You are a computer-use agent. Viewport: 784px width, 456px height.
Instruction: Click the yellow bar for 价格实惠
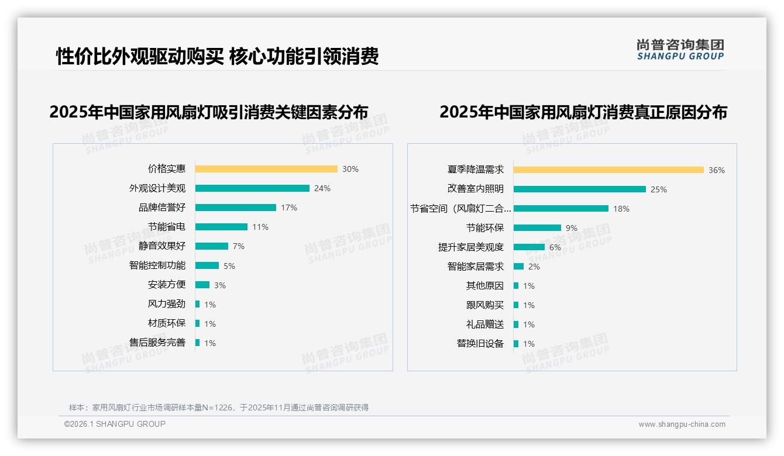[266, 169]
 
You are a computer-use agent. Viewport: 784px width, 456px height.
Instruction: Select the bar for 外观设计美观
[252, 188]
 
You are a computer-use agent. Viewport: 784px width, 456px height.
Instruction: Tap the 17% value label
[289, 208]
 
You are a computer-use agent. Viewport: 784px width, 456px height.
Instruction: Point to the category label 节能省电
[167, 227]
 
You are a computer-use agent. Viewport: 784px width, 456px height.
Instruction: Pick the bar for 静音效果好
[212, 246]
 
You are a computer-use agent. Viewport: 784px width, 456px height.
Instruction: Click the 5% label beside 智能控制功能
[229, 266]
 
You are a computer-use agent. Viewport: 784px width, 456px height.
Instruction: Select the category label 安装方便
[167, 285]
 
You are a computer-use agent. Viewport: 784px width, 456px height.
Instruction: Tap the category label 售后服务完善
[157, 343]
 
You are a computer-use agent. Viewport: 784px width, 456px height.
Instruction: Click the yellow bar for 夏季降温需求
[608, 170]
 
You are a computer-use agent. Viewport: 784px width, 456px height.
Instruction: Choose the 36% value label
[717, 171]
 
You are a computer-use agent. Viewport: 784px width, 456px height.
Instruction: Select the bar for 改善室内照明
[580, 189]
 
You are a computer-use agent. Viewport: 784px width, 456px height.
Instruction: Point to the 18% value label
[621, 209]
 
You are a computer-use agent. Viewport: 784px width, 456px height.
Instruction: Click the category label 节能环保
[485, 228]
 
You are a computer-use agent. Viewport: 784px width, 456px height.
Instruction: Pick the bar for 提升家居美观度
[529, 247]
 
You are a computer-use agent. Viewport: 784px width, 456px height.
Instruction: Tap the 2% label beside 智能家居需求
[534, 267]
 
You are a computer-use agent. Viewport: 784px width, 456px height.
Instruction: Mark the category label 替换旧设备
[480, 344]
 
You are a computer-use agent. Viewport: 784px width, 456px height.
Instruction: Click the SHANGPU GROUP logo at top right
[680, 50]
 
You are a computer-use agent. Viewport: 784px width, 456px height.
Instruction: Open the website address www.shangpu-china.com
[682, 424]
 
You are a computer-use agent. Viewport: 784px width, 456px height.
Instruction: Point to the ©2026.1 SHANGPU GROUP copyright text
[115, 424]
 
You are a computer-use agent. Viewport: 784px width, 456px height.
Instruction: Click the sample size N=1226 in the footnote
[218, 407]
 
